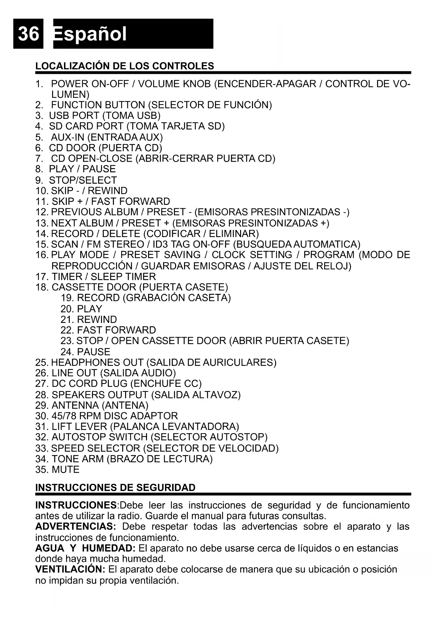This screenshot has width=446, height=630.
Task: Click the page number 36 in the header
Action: point(28,34)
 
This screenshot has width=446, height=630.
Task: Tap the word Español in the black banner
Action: point(90,34)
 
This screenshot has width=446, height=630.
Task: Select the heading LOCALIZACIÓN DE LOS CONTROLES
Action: point(124,66)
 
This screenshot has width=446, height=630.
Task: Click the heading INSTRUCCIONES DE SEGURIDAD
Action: point(115,487)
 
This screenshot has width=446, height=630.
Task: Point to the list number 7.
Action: point(39,158)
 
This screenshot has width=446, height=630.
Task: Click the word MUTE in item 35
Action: point(65,469)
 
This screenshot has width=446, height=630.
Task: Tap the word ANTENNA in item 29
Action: point(75,405)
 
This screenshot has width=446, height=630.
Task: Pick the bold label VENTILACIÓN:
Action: point(70,569)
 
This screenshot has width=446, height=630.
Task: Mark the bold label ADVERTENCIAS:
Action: point(75,527)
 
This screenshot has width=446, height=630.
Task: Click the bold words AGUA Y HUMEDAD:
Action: point(85,548)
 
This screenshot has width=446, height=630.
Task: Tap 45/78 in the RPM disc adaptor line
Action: point(64,416)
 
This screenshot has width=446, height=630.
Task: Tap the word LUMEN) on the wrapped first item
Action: point(70,94)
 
